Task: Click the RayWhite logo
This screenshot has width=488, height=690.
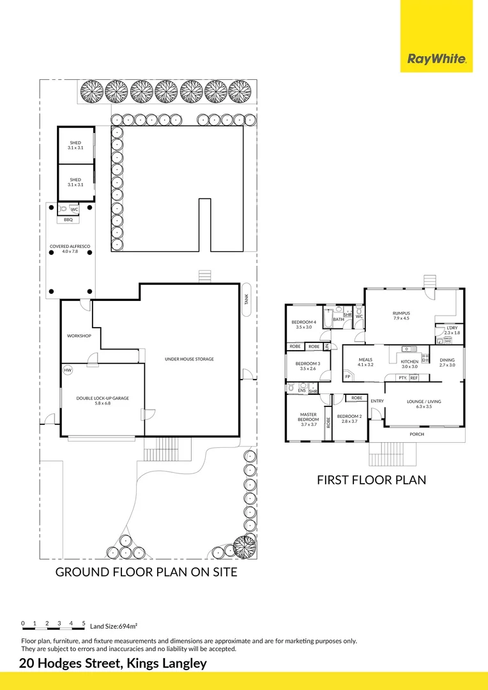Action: coord(436,59)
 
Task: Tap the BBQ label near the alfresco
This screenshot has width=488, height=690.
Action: coord(68,220)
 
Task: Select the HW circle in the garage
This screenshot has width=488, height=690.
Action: coord(68,370)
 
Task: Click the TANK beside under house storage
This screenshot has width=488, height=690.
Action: coord(247,299)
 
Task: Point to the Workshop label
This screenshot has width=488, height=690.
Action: coord(79,335)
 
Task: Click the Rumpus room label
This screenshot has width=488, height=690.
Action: coord(400,316)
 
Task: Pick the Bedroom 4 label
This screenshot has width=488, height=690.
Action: coord(303,324)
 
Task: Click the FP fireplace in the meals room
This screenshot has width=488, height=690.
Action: coord(348,376)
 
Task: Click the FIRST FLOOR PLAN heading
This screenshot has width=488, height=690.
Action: coord(371,480)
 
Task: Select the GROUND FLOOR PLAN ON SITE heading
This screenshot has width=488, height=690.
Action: coord(146,572)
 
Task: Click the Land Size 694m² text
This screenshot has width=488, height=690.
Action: coord(114,627)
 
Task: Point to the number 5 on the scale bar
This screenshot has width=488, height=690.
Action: coord(84,623)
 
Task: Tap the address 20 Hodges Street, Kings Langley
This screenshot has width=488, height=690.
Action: coord(113,663)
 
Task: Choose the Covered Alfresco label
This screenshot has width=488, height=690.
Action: coord(68,249)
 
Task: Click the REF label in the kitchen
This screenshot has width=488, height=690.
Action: coord(414,378)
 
